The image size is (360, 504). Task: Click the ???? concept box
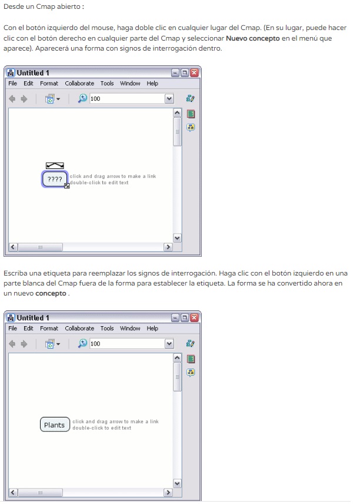tap(55, 179)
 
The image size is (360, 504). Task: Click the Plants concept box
tap(55, 425)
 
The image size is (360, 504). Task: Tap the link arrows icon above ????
tap(55, 165)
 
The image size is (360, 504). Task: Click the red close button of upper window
tap(194, 72)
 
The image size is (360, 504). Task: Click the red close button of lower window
tap(194, 317)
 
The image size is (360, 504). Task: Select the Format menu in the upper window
tap(49, 83)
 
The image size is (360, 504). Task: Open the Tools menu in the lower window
tap(107, 328)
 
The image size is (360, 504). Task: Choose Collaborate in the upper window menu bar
tap(79, 83)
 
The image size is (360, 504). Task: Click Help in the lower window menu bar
tap(152, 328)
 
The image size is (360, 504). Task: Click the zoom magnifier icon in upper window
tap(82, 98)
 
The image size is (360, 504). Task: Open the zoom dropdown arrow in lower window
tap(169, 344)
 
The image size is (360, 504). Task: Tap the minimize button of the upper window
tap(175, 72)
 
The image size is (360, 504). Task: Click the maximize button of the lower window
tap(185, 317)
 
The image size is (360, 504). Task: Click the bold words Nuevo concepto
tap(253, 38)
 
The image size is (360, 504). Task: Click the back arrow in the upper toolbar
tap(12, 99)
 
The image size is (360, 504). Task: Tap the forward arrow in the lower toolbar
tap(24, 344)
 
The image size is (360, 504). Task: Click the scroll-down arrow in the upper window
tap(177, 238)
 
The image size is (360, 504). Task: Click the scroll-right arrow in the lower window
tap(168, 492)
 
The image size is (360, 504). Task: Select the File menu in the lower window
tap(12, 328)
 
